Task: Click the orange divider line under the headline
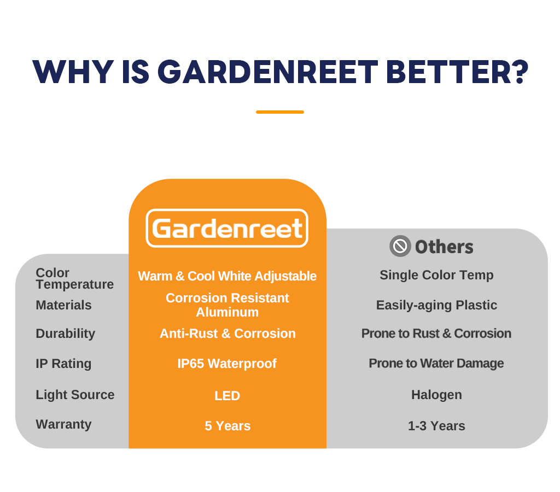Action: pyautogui.click(x=280, y=112)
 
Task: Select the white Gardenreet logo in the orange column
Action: pyautogui.click(x=227, y=228)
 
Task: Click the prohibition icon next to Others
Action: pyautogui.click(x=400, y=246)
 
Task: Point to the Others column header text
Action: pyautogui.click(x=444, y=247)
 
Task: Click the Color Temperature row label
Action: pyautogui.click(x=74, y=278)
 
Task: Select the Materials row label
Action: pyautogui.click(x=63, y=305)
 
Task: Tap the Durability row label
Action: pyautogui.click(x=66, y=333)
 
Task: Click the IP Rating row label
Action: pyautogui.click(x=63, y=364)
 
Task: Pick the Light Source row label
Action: pyautogui.click(x=75, y=395)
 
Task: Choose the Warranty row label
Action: pyautogui.click(x=63, y=424)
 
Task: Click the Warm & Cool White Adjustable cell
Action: pyautogui.click(x=227, y=276)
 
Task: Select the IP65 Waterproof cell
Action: pyautogui.click(x=227, y=364)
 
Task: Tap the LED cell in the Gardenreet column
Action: pyautogui.click(x=227, y=396)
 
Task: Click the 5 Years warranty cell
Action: pyautogui.click(x=227, y=426)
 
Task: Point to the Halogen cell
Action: pyautogui.click(x=436, y=395)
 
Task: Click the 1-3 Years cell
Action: pyautogui.click(x=436, y=426)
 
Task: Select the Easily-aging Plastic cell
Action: pyautogui.click(x=436, y=305)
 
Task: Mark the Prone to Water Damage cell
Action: pyautogui.click(x=436, y=364)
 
